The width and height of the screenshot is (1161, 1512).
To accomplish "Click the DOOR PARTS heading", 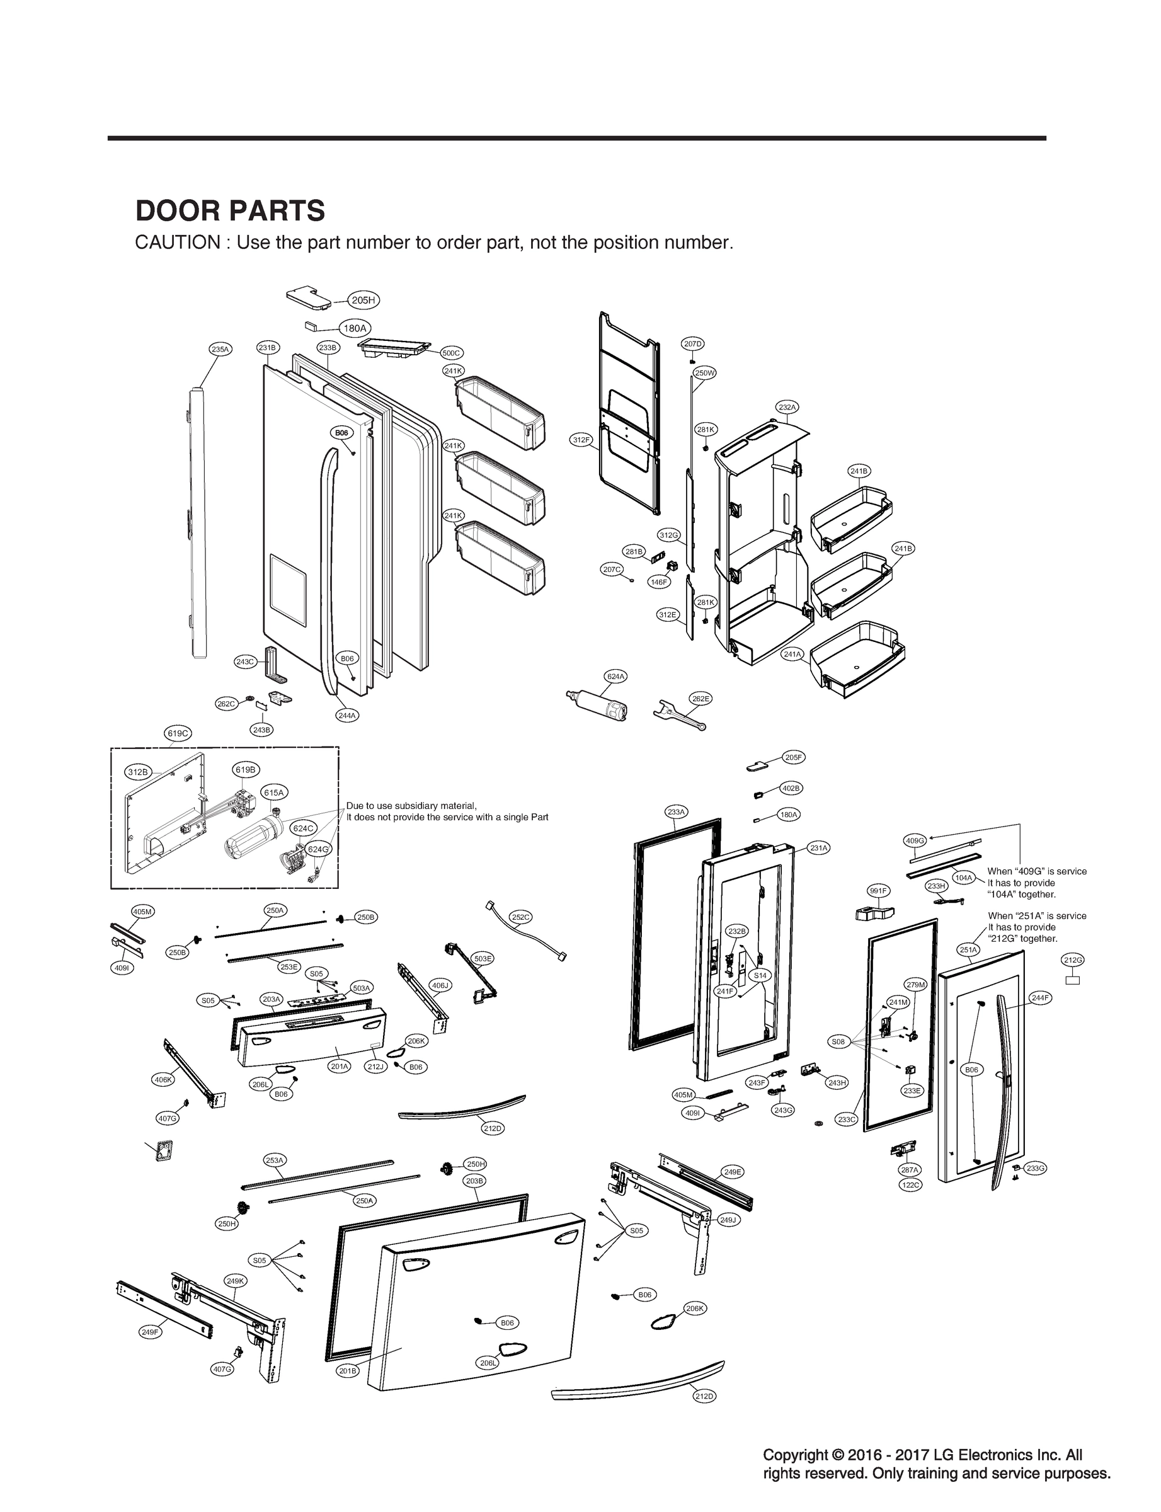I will coord(230,211).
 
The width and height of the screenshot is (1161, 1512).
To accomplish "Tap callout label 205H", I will coord(363,300).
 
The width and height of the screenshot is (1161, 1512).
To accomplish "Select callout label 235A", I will coord(220,349).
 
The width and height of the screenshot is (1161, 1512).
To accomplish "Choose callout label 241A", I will coord(792,654).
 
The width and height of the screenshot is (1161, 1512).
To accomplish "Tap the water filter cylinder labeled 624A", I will coord(598,705).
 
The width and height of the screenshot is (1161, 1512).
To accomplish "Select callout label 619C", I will coord(178,733).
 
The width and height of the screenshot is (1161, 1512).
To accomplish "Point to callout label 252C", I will coord(520,917).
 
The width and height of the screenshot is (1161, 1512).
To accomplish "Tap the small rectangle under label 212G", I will coord(1073,979).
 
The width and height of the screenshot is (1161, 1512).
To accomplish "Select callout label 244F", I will coord(1040,998).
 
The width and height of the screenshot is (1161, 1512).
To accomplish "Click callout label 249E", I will coord(733,1171).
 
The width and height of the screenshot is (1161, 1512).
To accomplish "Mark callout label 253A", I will coord(275,1160).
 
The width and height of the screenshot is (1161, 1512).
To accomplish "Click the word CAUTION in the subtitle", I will coord(177,243).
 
